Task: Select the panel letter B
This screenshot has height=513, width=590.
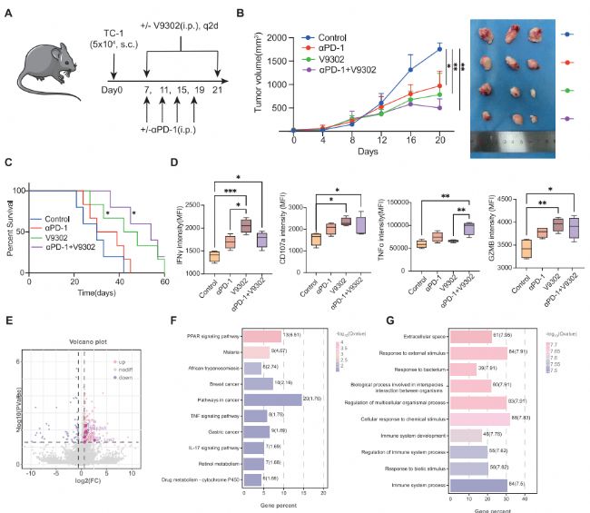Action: tap(240, 13)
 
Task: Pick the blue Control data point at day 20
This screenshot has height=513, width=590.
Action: tap(439, 48)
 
